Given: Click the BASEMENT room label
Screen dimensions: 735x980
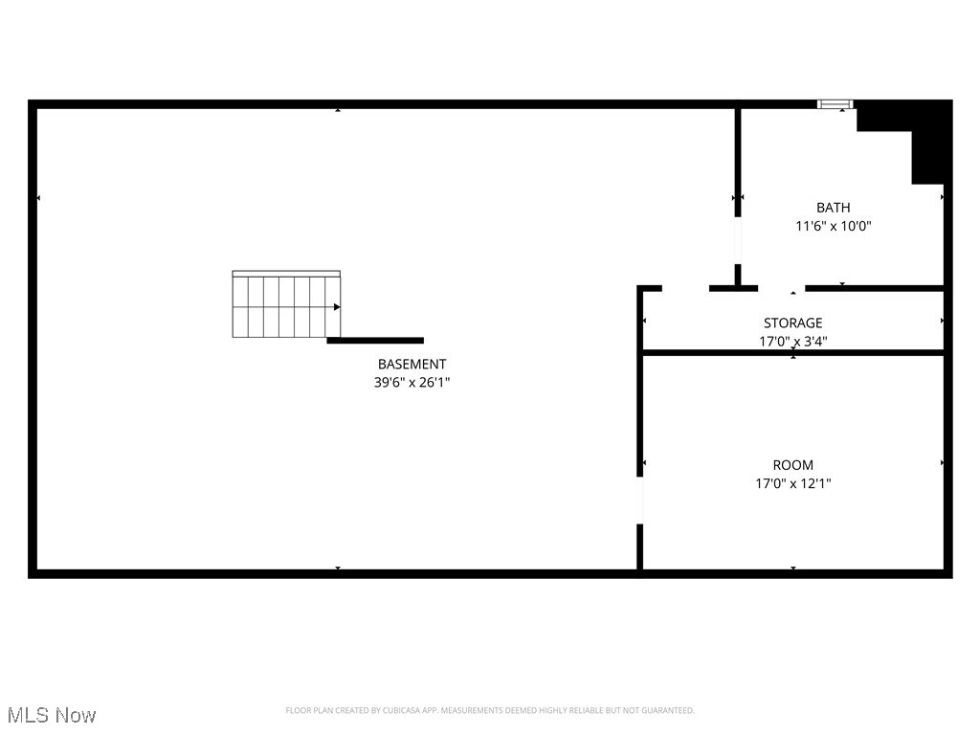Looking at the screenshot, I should tap(412, 364).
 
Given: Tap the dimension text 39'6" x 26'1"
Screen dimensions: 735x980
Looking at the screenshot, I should tap(412, 382).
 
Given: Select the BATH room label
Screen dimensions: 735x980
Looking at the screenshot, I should tap(833, 208).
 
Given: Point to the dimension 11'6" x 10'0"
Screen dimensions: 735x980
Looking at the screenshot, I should tap(833, 227).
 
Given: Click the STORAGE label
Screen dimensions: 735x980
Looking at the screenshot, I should tap(792, 323).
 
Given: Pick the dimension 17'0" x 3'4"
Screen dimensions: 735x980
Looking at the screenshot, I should tap(792, 341).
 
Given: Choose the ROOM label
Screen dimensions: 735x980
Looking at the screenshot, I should tap(792, 465).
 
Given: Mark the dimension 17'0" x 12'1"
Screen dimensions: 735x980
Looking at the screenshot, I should tap(792, 484).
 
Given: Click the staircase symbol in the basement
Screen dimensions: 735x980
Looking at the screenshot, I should tap(285, 305).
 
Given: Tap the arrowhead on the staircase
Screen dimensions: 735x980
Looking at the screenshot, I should tap(337, 307).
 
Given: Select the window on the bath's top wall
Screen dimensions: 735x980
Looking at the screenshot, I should tap(835, 104).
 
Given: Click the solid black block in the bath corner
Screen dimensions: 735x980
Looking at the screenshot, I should tap(919, 134).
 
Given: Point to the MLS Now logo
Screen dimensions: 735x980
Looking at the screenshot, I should tap(52, 715).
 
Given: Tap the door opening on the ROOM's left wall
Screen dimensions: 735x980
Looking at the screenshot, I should tap(640, 500).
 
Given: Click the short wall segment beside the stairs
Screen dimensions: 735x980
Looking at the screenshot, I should tap(375, 340).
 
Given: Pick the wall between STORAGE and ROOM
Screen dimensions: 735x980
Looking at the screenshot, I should tap(792, 353).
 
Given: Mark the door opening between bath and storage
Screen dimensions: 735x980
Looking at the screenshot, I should tap(782, 288).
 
